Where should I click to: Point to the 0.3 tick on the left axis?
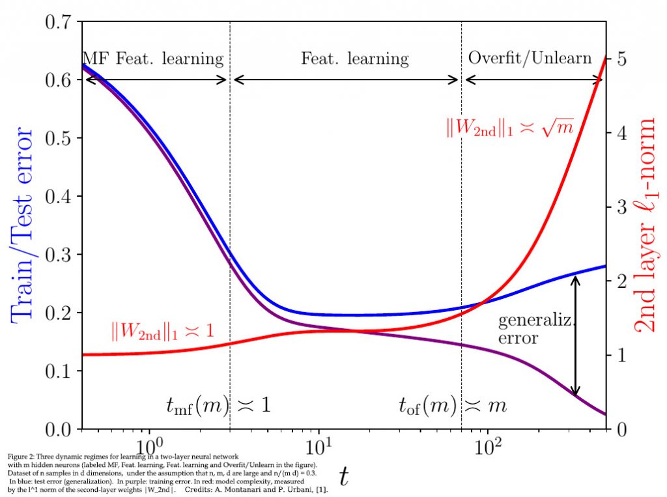pos(60,255)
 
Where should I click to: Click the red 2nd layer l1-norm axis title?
pos(647,225)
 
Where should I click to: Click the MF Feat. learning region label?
pos(152,59)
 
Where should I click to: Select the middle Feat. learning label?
pos(354,59)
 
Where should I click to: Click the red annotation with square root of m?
pos(509,128)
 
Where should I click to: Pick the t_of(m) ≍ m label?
pos(452,405)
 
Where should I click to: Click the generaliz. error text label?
pos(528,329)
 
